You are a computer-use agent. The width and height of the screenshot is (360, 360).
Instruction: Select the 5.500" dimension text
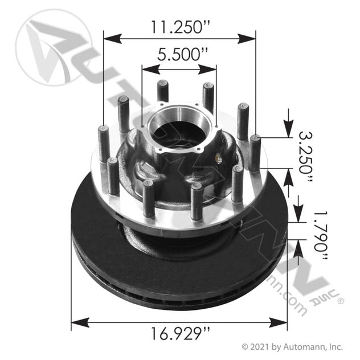[x=179, y=55]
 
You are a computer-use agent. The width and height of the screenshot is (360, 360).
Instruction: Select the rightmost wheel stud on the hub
[x=255, y=153]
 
